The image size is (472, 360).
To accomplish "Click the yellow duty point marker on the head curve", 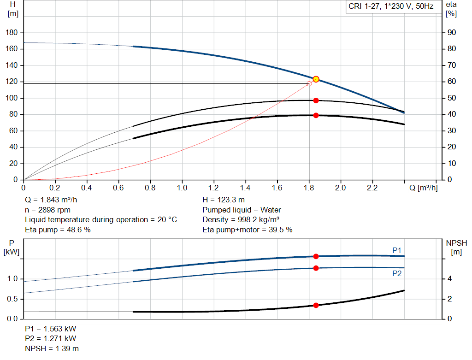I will pos(316,79).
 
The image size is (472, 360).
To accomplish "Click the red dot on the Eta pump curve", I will pos(316,100).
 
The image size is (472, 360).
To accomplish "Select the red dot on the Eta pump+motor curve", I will pos(316,115).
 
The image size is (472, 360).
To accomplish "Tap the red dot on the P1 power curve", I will pos(316,256).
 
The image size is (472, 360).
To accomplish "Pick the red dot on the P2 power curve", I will pos(316,268).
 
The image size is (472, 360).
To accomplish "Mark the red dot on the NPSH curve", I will pos(316,305).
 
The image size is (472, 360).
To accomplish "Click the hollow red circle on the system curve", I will pos(309,83).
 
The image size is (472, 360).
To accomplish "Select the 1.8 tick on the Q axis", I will pos(309,188).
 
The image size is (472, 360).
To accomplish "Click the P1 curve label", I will pos(397,250).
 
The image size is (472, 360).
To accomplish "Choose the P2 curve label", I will pos(397,273).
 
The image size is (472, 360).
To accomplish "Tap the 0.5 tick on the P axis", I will pos(12,299).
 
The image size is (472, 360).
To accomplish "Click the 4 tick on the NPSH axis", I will pos(449,279).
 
